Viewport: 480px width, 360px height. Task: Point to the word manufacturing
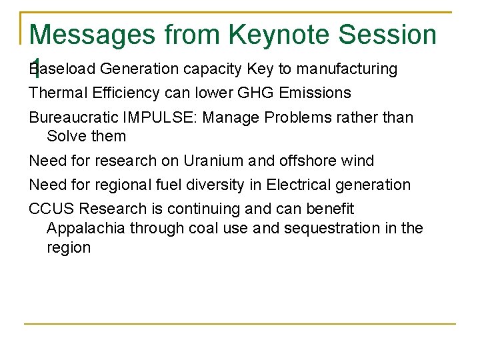[347, 69]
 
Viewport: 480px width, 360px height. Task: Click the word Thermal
[53, 93]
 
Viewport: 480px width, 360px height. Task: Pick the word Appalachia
[85, 228]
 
